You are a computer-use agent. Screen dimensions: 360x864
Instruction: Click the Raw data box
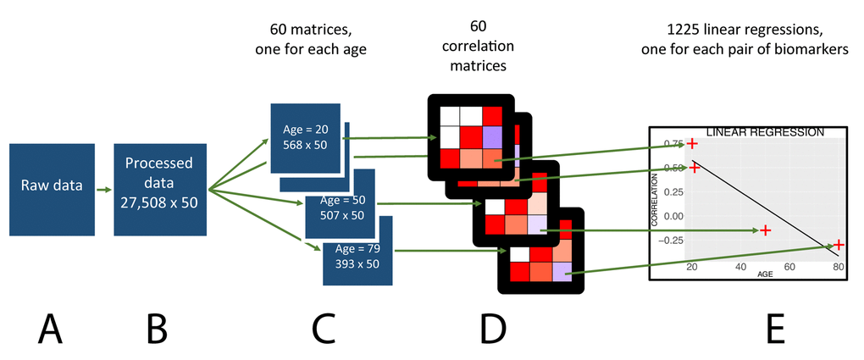(x=52, y=184)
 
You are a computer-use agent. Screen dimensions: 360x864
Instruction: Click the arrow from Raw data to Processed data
(x=104, y=191)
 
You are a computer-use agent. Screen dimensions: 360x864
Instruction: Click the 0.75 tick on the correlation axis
(x=672, y=144)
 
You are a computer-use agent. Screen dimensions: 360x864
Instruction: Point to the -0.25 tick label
(x=670, y=241)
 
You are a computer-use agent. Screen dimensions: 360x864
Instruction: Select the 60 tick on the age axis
(x=789, y=268)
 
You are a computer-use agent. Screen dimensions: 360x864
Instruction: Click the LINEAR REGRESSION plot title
(x=764, y=133)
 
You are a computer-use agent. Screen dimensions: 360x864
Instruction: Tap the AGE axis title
(x=765, y=275)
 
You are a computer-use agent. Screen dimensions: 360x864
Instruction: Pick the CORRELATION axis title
(x=656, y=200)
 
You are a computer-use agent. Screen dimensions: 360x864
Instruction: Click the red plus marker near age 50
(x=765, y=230)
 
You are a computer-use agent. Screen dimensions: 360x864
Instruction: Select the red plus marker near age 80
(x=838, y=245)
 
